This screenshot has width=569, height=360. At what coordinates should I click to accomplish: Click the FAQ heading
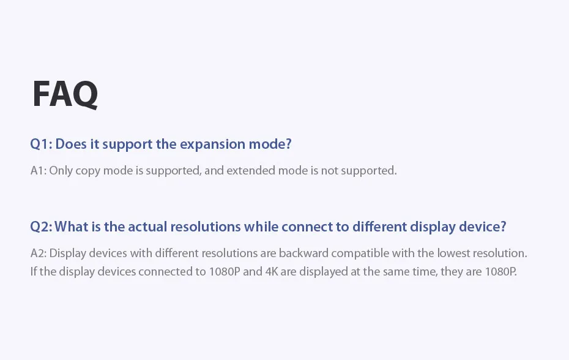65,94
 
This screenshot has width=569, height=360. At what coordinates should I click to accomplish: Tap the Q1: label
42,144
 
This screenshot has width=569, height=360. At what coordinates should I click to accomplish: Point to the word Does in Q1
71,144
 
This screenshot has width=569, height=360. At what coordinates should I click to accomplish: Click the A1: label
39,170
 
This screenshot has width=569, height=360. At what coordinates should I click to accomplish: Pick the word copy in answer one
88,171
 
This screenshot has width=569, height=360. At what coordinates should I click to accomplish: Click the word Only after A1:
61,170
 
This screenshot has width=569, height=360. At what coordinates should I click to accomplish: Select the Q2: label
42,227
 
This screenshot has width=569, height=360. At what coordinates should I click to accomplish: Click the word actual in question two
147,227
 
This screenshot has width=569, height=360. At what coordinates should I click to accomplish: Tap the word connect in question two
307,227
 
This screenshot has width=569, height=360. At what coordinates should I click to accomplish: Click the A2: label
39,253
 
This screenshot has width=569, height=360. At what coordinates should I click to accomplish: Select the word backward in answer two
303,253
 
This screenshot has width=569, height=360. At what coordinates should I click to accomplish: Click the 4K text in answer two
272,271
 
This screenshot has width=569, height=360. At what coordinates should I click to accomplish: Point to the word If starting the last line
34,271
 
